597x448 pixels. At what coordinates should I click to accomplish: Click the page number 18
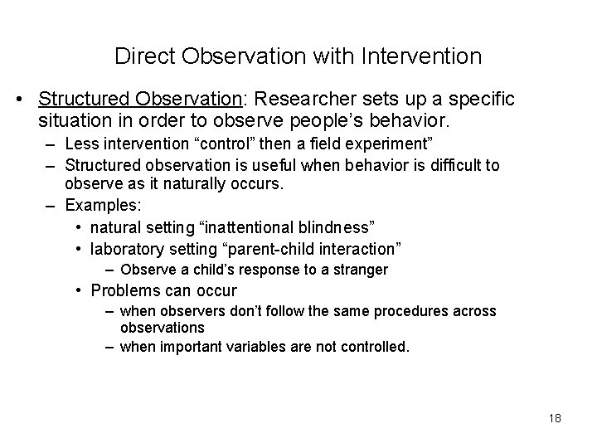click(x=555, y=418)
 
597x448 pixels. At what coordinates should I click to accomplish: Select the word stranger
click(x=361, y=270)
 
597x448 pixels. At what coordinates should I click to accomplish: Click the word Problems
click(x=124, y=291)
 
